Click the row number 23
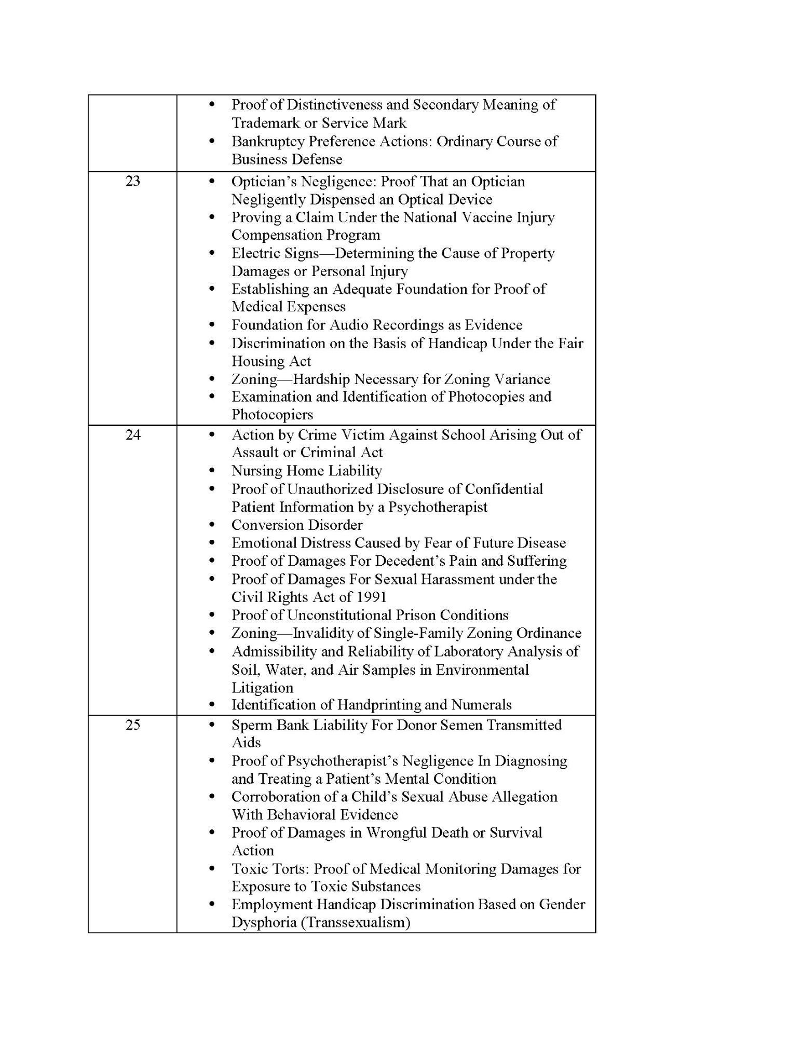tap(133, 181)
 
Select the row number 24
tap(133, 434)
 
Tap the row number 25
tap(133, 725)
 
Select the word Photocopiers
tap(272, 415)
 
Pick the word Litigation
tap(262, 688)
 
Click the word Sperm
tap(251, 725)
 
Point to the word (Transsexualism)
tap(358, 922)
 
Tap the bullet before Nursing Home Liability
tap(211, 471)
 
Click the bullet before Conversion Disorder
tap(211, 525)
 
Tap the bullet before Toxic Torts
tap(211, 869)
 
